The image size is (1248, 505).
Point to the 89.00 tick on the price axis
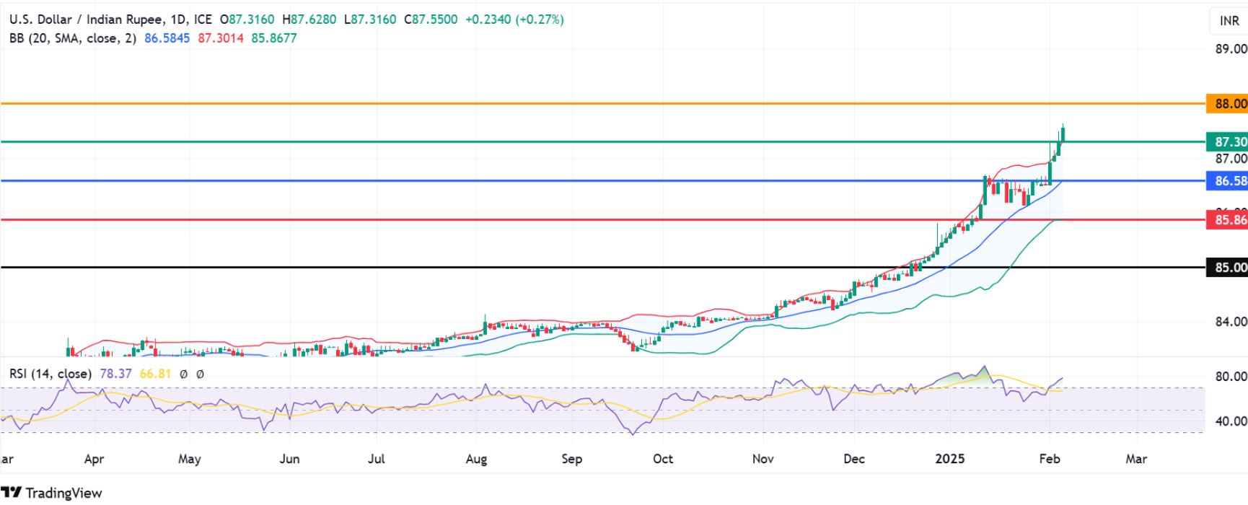[1231, 49]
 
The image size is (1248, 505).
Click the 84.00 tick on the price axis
[1231, 322]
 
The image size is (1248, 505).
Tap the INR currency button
[1229, 21]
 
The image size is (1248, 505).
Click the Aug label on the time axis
[476, 459]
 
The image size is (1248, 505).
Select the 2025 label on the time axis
[949, 459]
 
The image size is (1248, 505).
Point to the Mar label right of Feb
[1136, 459]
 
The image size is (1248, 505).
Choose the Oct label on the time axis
[662, 459]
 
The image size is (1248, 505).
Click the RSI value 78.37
[115, 374]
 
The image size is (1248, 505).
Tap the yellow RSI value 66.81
[155, 374]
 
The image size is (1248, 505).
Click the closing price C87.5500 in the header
[431, 19]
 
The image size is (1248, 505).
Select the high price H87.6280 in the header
[309, 19]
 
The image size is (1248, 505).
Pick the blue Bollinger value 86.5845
[167, 38]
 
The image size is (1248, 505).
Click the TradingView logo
[52, 493]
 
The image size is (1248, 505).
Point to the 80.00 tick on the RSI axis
[1231, 377]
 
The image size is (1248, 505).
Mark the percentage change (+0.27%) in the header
[540, 19]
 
